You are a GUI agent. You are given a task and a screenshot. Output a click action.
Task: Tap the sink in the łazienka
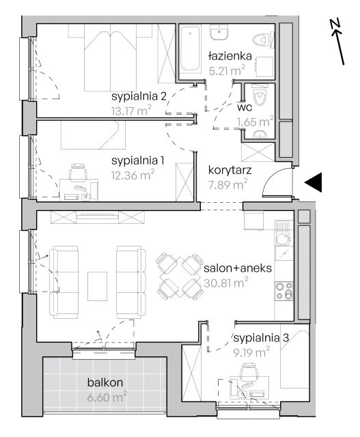click(x=219, y=32)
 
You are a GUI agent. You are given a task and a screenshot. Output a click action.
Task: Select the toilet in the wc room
click(x=259, y=95)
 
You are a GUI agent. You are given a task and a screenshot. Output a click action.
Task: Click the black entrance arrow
click(x=314, y=182)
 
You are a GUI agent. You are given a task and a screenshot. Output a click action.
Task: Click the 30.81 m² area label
click(x=226, y=283)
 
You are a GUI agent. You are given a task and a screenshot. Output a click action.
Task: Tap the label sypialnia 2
click(x=139, y=96)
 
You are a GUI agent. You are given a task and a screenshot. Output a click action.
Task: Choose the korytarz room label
click(x=230, y=170)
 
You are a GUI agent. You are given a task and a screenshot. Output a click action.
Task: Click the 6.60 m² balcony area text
click(x=107, y=397)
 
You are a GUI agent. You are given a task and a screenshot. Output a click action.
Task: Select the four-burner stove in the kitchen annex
click(x=284, y=291)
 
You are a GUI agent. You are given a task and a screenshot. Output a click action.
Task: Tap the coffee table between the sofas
click(x=97, y=286)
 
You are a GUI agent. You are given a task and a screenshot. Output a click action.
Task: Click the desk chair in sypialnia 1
click(x=78, y=172)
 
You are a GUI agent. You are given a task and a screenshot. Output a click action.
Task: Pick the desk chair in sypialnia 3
click(x=249, y=371)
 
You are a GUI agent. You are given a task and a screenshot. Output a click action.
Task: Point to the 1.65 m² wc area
click(x=255, y=122)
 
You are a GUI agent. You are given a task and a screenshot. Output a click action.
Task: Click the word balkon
click(x=105, y=382)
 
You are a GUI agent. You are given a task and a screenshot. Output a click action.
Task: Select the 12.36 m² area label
click(x=133, y=175)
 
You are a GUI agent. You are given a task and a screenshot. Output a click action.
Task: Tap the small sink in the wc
click(x=260, y=135)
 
